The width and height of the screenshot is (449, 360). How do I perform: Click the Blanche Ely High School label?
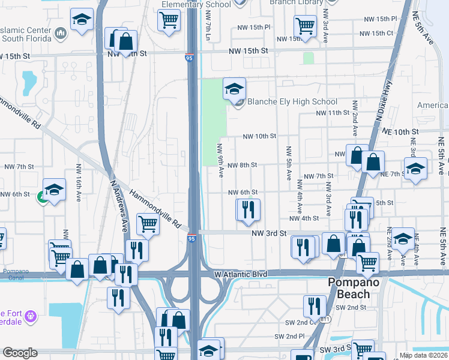[x=292, y=102]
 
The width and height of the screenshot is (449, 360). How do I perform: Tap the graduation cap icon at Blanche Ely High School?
[x=234, y=90]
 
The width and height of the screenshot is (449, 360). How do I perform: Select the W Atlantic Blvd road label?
[x=240, y=274]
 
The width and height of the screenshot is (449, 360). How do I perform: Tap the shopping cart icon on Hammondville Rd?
[x=148, y=224]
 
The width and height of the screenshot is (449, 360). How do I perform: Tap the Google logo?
[x=20, y=353]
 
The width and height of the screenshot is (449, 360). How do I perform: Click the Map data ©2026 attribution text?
[x=423, y=355]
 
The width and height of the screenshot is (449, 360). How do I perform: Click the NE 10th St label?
[x=398, y=131]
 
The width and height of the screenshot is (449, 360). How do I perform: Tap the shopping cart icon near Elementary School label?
[x=169, y=20]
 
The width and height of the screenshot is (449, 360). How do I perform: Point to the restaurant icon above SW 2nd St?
[x=315, y=306]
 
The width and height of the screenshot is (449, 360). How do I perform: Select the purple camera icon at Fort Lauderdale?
[x=32, y=315]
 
